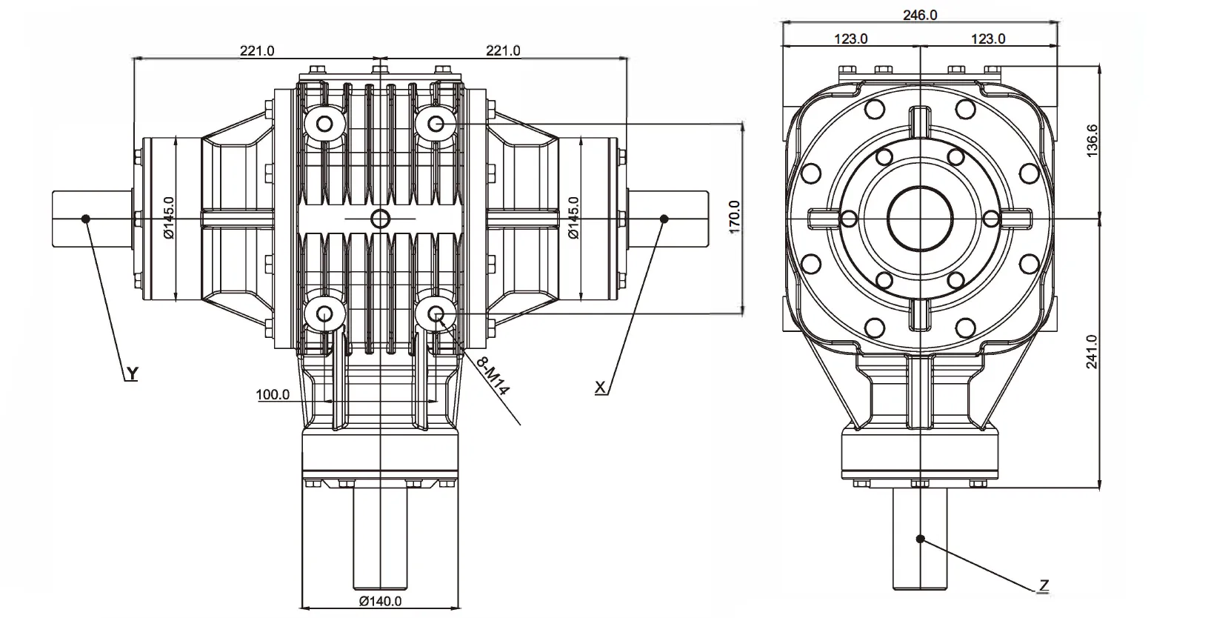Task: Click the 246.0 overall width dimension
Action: click(x=920, y=15)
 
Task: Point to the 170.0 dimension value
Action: click(x=735, y=216)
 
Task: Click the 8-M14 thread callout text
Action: click(x=493, y=376)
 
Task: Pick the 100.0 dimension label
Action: click(x=273, y=394)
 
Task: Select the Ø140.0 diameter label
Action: click(x=380, y=601)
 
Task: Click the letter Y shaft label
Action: click(x=131, y=373)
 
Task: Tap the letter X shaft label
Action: click(x=601, y=387)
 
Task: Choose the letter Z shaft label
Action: click(x=1043, y=585)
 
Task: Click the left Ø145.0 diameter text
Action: click(x=169, y=218)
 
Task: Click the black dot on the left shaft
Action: click(x=87, y=218)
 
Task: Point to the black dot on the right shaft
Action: click(x=664, y=218)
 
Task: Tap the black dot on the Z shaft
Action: click(x=921, y=539)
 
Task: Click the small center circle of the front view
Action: click(x=380, y=218)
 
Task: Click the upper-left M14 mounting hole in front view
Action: click(x=324, y=123)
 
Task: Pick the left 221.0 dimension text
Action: click(x=256, y=50)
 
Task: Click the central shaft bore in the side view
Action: click(x=921, y=219)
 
